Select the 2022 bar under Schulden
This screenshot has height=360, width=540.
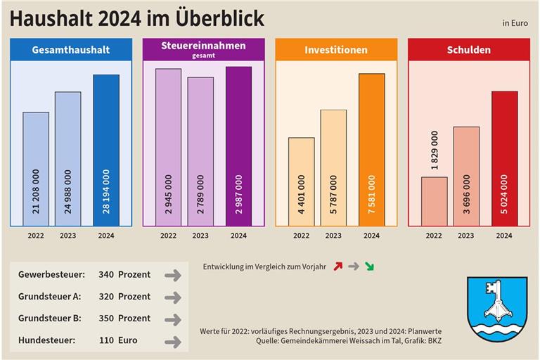(434, 201)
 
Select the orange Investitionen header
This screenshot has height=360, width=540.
(336, 50)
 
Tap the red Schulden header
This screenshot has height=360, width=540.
(469, 50)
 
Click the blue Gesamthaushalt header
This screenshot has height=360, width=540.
(71, 50)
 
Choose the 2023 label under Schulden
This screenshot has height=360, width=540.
(465, 236)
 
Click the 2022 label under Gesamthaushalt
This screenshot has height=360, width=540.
(36, 236)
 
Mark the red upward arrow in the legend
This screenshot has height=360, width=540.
(338, 266)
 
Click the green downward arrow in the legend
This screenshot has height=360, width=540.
(369, 266)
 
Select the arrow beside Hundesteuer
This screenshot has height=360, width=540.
(172, 342)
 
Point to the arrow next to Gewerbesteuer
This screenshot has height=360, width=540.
(172, 275)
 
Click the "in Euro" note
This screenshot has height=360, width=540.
(515, 23)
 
